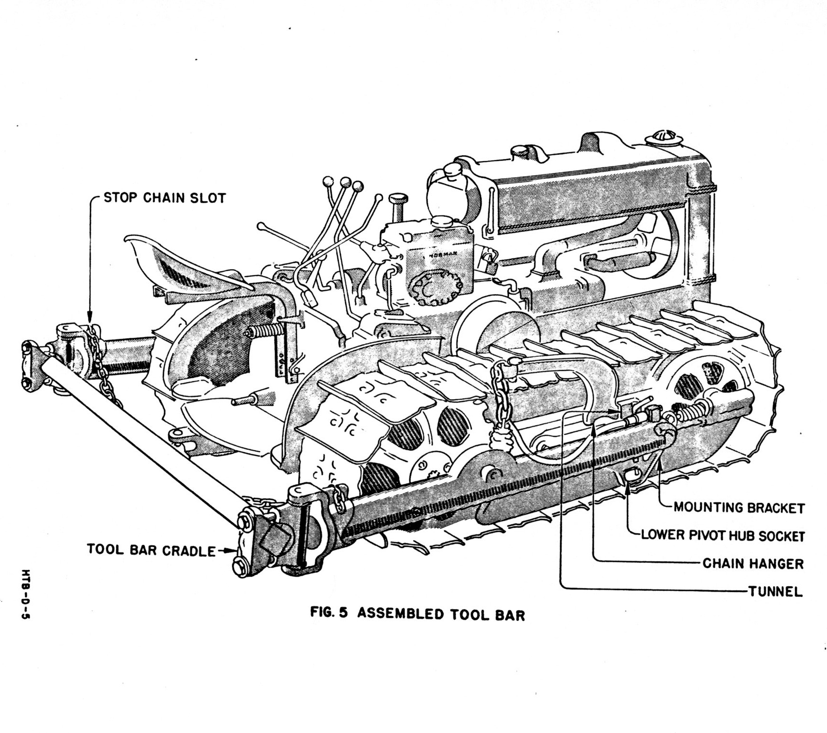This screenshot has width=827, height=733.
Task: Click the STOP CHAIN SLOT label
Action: point(164,198)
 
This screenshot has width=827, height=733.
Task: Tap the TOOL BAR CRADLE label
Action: point(151,550)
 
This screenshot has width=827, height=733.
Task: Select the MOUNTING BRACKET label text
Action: point(739,508)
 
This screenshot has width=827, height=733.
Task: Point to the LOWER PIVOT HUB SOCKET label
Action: point(723,535)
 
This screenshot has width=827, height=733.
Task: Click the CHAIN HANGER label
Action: point(753,563)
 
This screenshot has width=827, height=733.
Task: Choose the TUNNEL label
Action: point(776,592)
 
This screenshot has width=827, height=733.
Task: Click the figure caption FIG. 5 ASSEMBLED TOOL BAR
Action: point(418,614)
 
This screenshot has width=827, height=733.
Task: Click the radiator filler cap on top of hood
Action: point(661,139)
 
